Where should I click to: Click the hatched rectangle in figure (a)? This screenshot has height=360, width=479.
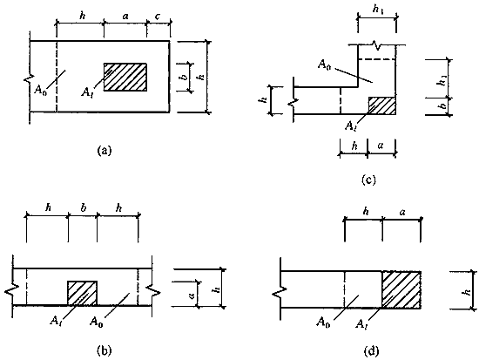[x=125, y=77]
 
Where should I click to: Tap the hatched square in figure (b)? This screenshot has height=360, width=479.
[x=83, y=293]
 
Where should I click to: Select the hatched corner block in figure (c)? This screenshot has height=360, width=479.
[x=382, y=105]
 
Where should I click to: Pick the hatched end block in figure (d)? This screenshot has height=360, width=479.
[x=401, y=289]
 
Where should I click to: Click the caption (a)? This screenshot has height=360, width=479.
[x=105, y=151]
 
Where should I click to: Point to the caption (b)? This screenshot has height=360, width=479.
[x=104, y=350]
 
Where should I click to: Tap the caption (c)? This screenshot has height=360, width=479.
[x=368, y=180]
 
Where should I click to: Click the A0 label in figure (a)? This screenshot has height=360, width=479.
[x=41, y=90]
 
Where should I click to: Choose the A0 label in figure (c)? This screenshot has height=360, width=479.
[x=325, y=65]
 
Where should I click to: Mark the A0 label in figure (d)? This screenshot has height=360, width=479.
[x=323, y=322]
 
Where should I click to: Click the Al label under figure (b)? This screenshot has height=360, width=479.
[x=56, y=321]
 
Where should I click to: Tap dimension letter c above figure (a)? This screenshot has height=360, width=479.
[x=158, y=17]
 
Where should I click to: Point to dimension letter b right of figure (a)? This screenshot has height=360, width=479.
[x=185, y=77]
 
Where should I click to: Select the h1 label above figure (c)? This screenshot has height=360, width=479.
[x=378, y=10]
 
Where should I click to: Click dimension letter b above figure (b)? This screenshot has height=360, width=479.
[x=84, y=207]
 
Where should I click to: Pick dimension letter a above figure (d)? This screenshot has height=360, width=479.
[x=402, y=212]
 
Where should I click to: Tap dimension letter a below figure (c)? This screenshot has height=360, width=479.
[x=380, y=146]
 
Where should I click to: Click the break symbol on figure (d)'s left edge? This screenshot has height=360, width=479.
[x=276, y=292]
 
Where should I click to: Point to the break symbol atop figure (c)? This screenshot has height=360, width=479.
[x=378, y=45]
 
